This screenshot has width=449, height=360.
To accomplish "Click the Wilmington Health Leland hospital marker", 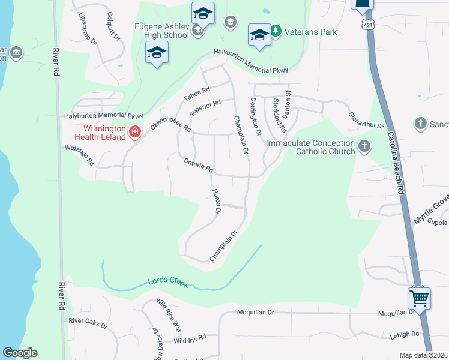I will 134,131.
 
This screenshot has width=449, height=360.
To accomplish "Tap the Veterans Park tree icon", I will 276,31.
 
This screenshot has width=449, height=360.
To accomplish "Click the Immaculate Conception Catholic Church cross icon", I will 364,146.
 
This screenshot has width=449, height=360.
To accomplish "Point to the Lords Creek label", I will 168,282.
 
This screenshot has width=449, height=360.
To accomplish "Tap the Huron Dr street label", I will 217,202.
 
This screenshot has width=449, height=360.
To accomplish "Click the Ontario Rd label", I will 199,165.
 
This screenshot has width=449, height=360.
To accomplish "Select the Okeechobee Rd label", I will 170,121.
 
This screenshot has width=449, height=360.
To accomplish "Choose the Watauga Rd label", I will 80,154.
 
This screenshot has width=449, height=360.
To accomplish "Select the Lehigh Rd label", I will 407,334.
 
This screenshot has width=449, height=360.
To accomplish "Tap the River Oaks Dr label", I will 88,323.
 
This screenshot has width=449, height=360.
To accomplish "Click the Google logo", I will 20,353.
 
